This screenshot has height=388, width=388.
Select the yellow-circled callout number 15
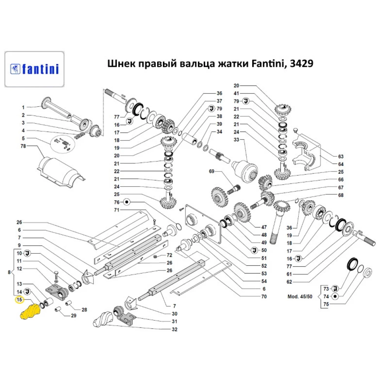19,300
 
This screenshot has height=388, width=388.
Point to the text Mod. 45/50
300,296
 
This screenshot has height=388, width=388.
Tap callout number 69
211,171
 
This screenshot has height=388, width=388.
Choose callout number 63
341,156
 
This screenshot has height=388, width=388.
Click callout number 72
169,255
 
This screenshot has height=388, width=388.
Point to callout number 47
264,227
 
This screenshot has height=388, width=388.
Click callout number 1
23,107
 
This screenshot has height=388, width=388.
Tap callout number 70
264,296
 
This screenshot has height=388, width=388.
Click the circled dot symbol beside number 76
126,202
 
